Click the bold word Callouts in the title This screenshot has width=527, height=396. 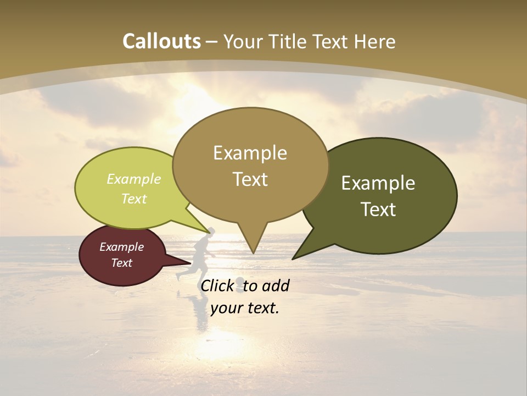coord(161,41)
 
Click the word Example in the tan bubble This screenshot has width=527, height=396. coord(250,153)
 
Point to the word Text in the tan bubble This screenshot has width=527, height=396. coord(250,179)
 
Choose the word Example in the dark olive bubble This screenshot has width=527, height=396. coord(378,183)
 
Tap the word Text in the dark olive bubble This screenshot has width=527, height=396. coord(378,210)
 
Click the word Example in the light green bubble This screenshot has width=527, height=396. coord(134,179)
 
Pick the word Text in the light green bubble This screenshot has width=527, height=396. coord(134,199)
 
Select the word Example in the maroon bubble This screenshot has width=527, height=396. coord(121,247)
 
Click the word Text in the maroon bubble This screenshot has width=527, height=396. coord(121,263)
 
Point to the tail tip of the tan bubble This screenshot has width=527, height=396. coord(253,252)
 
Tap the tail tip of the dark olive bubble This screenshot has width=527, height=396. coord(293,258)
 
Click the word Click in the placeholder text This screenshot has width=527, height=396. coord(217,285)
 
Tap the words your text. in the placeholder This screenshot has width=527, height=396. coord(245,308)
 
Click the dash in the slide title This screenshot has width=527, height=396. coord(212,42)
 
